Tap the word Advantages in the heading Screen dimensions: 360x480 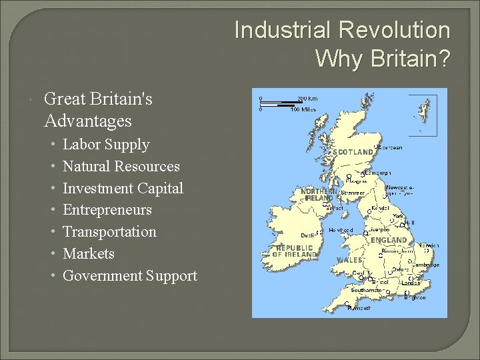tap(87, 121)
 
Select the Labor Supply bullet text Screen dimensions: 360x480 tap(106, 145)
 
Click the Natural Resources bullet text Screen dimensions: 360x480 tap(121, 167)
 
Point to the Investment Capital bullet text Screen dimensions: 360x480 tap(123, 189)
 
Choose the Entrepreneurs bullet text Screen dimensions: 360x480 tap(107, 210)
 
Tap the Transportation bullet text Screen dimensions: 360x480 tap(109, 232)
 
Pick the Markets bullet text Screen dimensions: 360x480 tap(89, 254)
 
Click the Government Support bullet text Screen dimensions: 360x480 tap(130, 276)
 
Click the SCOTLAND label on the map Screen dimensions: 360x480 tap(353, 152)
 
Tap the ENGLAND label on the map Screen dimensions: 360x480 tap(388, 240)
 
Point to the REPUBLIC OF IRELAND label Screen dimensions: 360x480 tap(294, 251)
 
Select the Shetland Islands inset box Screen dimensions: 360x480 tap(421, 115)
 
